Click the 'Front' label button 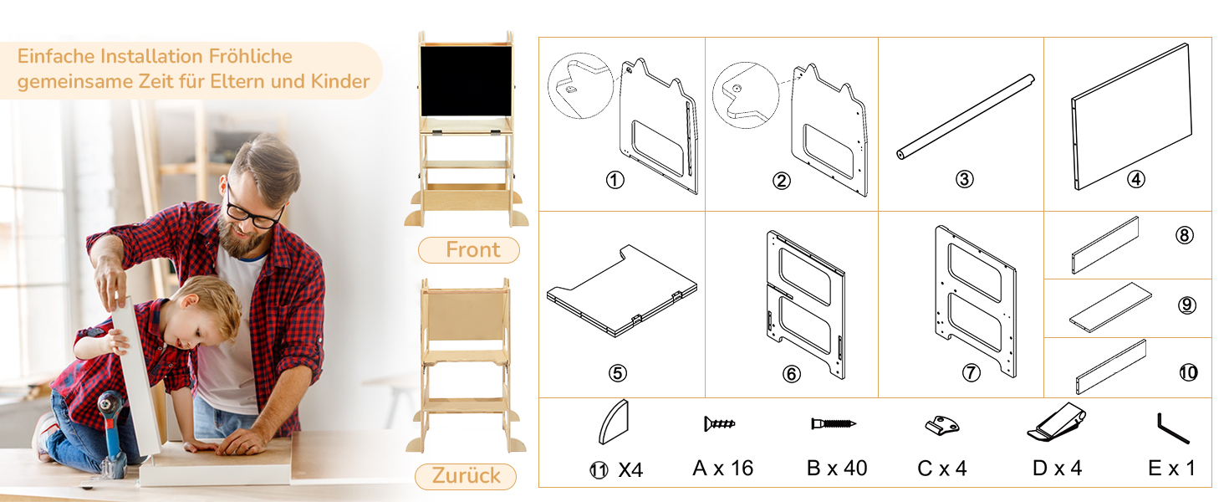[469, 250]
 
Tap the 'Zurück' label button [466, 476]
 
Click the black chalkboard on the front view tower [466, 81]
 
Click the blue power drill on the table [112, 432]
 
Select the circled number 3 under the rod [965, 179]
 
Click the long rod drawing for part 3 [966, 117]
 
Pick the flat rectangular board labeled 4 [1131, 116]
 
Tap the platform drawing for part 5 [622, 290]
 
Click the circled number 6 [791, 374]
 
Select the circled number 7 [971, 373]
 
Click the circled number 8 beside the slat [1185, 235]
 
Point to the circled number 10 [1189, 373]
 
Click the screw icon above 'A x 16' [720, 424]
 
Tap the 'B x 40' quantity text [837, 469]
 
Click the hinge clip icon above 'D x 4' [1056, 423]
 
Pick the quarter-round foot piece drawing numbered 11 [614, 422]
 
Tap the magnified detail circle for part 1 [580, 86]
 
